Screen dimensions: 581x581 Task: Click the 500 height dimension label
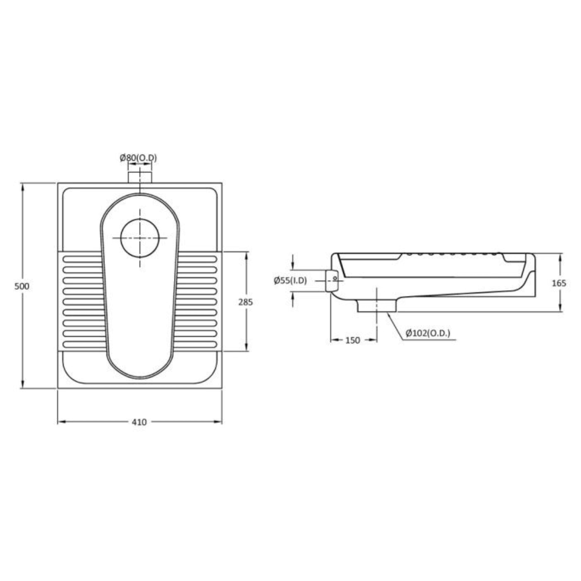(x=21, y=286)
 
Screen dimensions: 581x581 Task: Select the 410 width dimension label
(x=139, y=422)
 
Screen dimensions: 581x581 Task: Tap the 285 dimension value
(x=245, y=302)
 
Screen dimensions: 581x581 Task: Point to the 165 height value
(x=559, y=283)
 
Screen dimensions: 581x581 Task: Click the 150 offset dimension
(x=353, y=340)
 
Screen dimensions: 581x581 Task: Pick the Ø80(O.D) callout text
(x=138, y=158)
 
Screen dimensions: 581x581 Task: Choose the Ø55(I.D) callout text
(x=290, y=281)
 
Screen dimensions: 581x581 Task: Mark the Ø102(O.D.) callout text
(x=428, y=333)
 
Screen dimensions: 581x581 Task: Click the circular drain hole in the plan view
(x=140, y=238)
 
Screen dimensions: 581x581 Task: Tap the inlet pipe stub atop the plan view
(x=140, y=177)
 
